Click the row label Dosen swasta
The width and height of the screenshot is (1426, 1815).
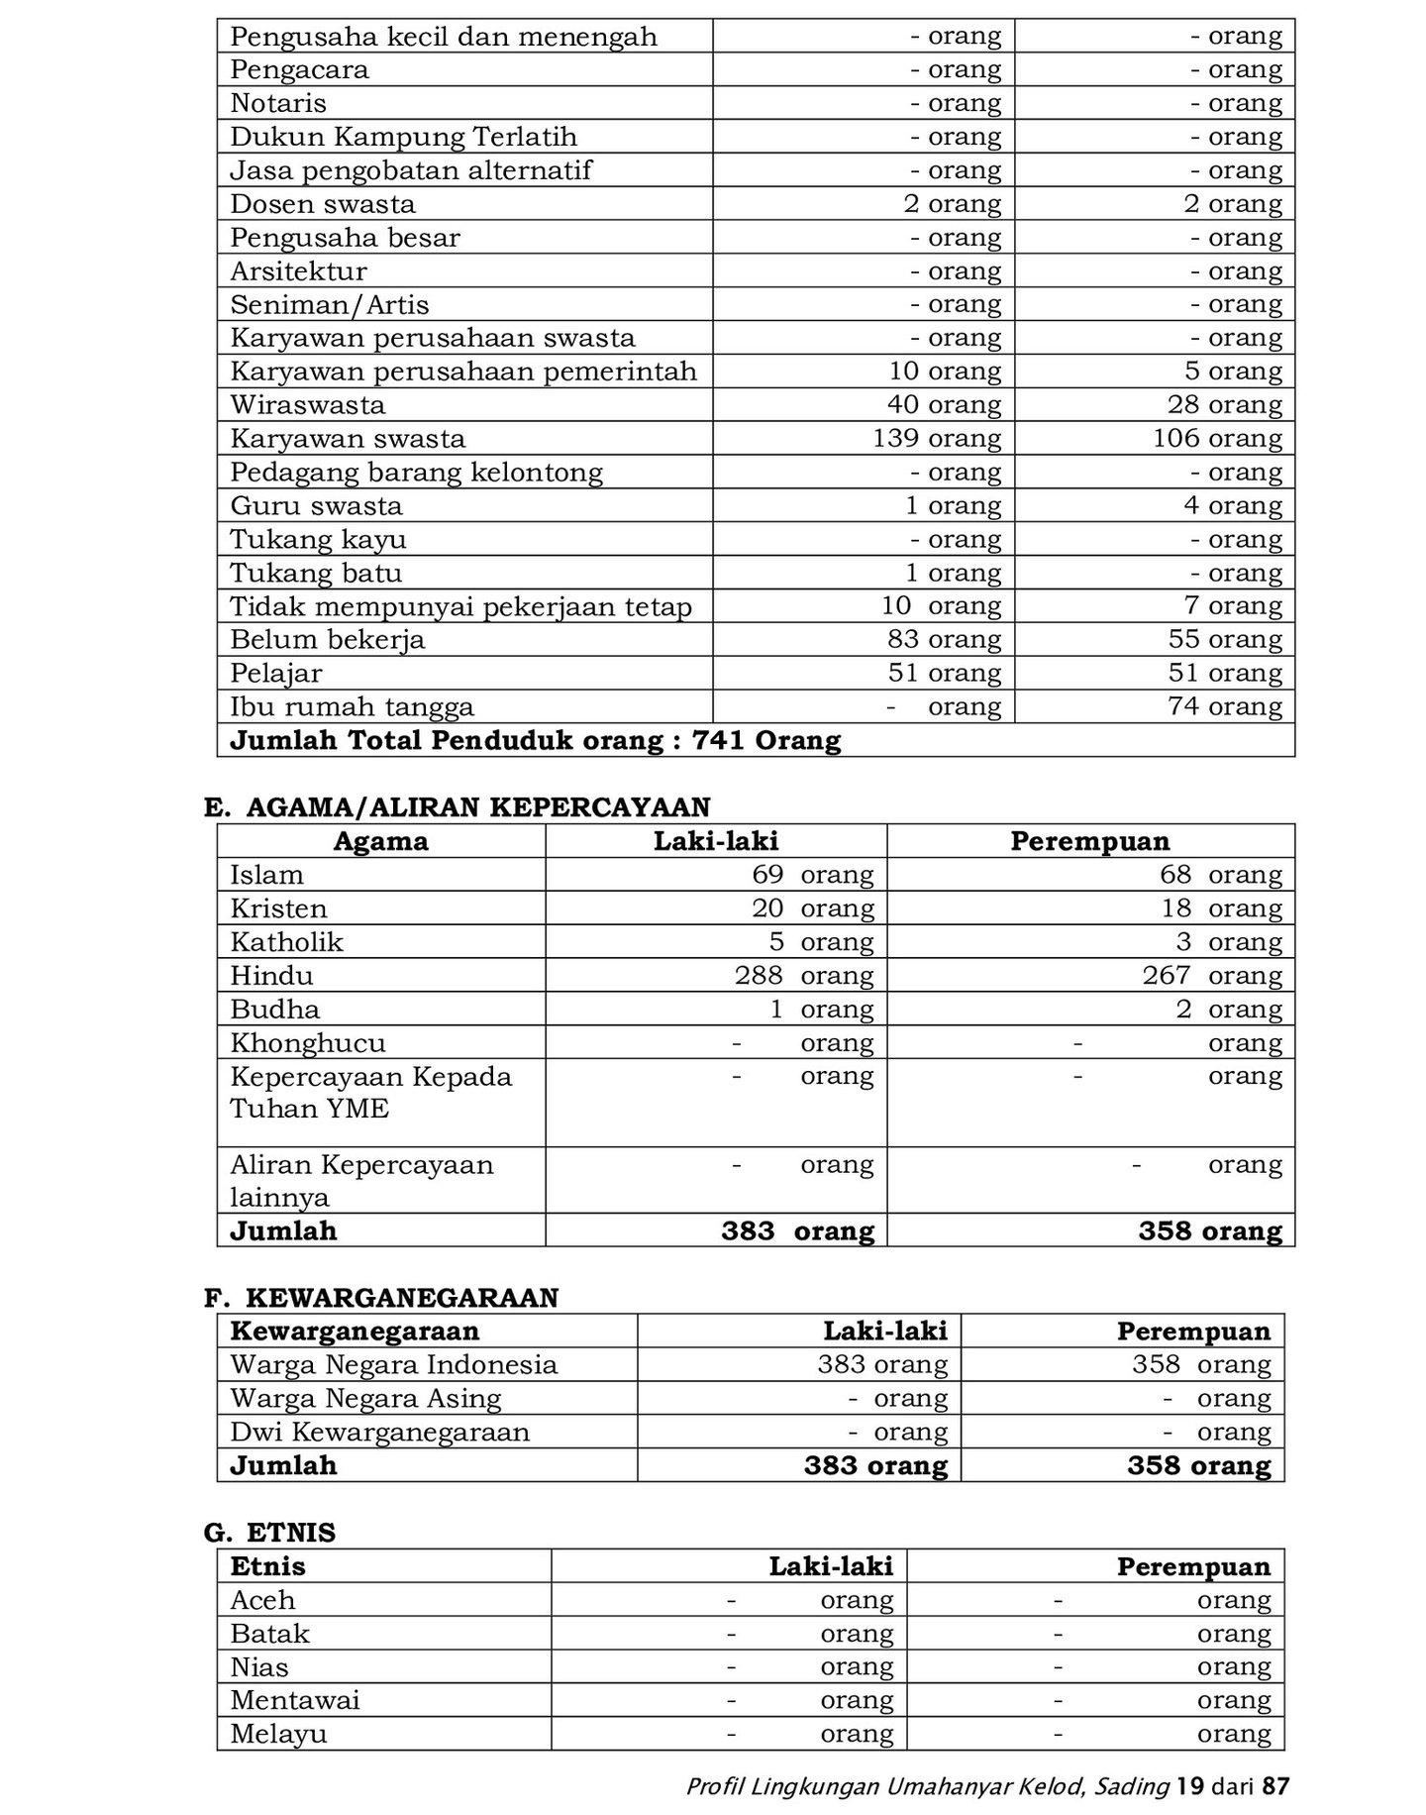click(x=323, y=204)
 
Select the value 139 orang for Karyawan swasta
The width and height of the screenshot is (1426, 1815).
click(x=936, y=438)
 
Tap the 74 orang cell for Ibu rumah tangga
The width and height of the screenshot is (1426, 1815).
click(x=1225, y=706)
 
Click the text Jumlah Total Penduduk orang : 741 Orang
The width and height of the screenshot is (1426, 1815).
click(x=535, y=740)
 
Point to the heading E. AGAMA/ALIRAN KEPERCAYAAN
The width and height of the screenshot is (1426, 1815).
click(x=457, y=807)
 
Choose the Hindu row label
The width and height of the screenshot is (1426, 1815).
click(x=271, y=975)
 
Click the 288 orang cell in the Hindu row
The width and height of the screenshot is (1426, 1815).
click(x=803, y=975)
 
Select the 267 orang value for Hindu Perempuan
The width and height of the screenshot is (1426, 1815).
click(x=1211, y=975)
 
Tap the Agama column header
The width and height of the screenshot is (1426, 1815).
click(x=380, y=841)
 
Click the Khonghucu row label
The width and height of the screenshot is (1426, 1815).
click(x=308, y=1042)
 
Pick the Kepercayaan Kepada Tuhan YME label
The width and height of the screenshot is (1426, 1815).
click(x=370, y=1092)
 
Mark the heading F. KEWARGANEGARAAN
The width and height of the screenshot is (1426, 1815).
click(x=381, y=1298)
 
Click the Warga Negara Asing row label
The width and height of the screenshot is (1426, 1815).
click(x=365, y=1398)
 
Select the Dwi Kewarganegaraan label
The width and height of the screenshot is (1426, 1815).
click(x=379, y=1432)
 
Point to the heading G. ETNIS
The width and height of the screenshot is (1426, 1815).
click(x=269, y=1533)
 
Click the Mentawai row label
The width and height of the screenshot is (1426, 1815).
click(x=295, y=1700)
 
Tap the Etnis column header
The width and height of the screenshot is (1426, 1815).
click(x=267, y=1566)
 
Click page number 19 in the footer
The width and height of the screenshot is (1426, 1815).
click(x=1190, y=1786)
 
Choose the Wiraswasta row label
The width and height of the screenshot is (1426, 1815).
click(x=308, y=404)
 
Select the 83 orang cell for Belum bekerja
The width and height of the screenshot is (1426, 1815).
click(x=944, y=639)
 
